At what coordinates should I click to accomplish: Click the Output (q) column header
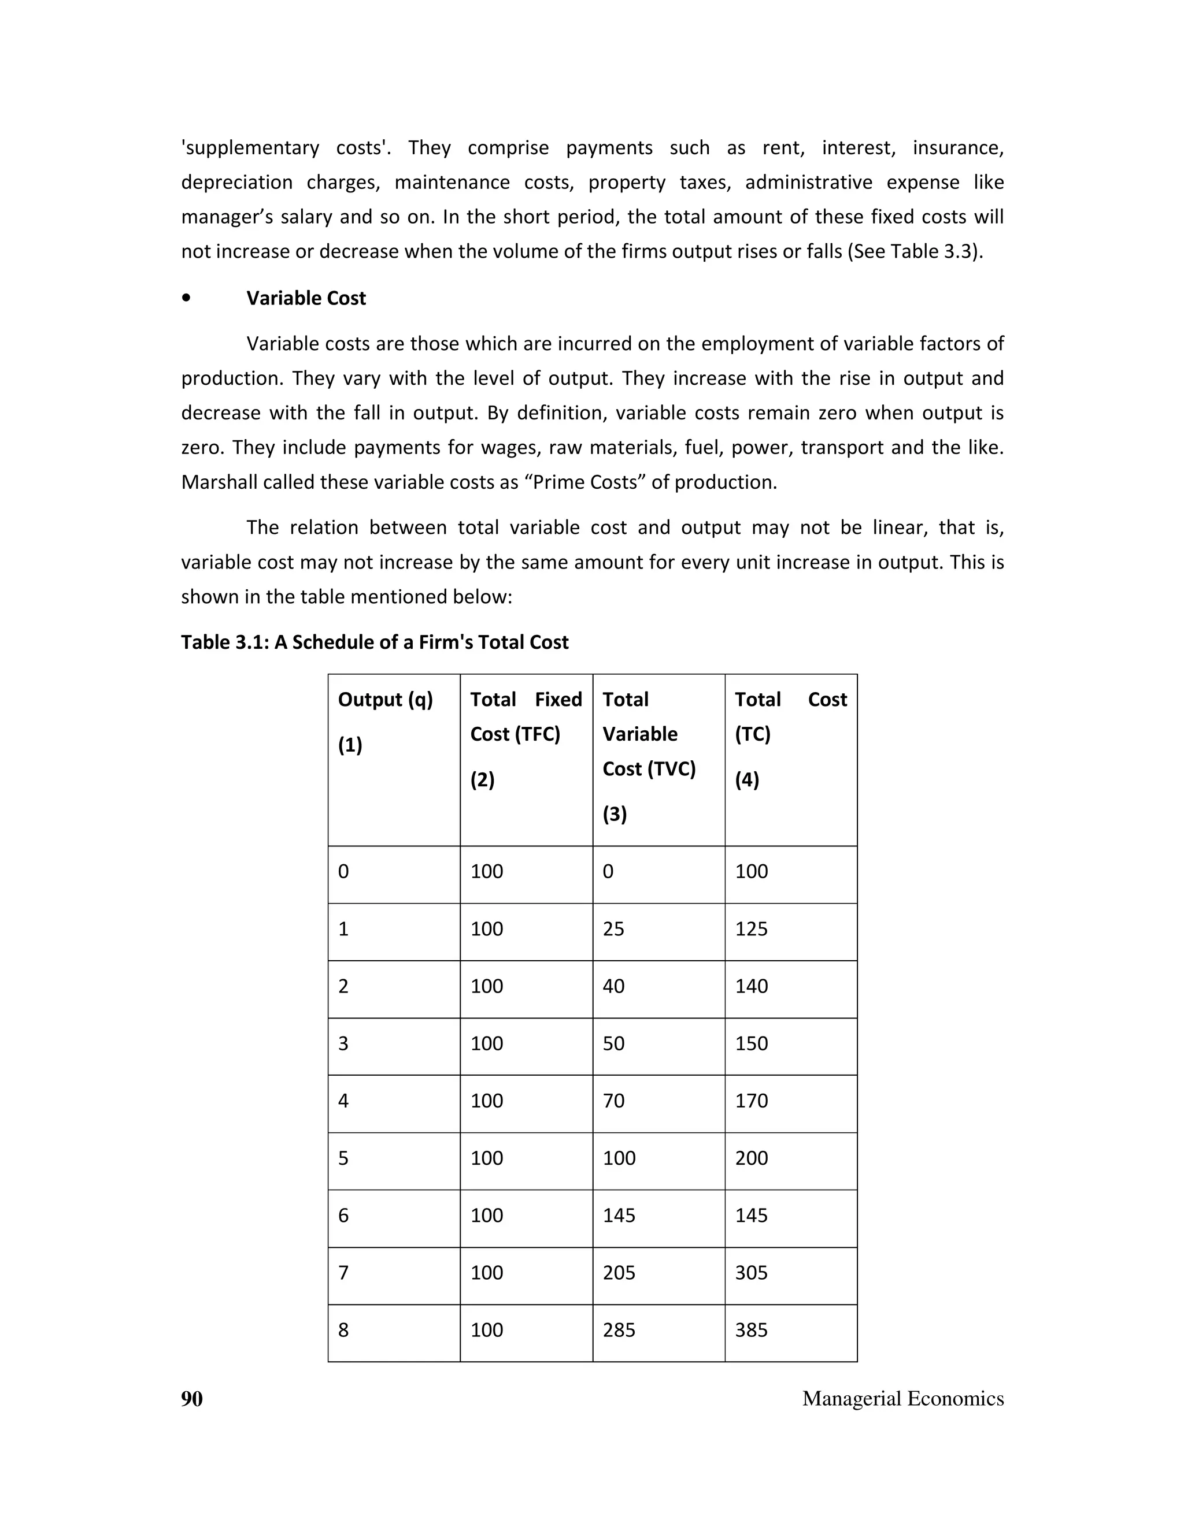(x=385, y=699)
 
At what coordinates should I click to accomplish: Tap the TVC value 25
(x=613, y=929)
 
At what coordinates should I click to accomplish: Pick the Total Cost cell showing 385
(x=751, y=1330)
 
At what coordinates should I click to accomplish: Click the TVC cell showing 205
(x=619, y=1272)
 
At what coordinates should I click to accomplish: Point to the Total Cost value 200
(x=751, y=1157)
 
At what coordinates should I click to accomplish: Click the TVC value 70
(x=613, y=1101)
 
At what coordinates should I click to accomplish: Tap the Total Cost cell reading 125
(x=751, y=929)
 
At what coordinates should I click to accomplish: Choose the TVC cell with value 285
(x=619, y=1330)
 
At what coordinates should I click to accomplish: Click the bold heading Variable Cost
(x=306, y=298)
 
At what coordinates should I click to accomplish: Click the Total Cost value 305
(x=751, y=1272)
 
